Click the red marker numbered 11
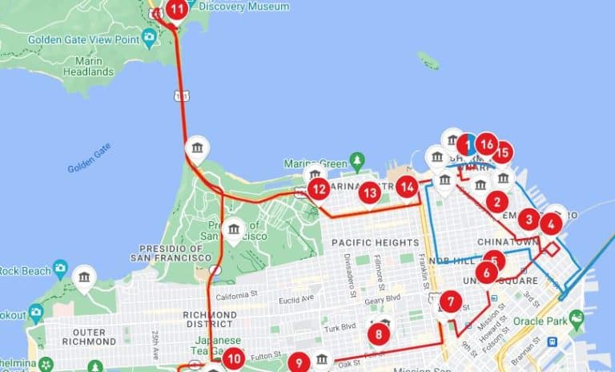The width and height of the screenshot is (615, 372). coord(176,10)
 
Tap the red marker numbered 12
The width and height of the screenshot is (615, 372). coord(320,189)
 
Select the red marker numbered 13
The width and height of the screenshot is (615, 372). coord(369,192)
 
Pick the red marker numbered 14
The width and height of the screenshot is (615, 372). coord(408,187)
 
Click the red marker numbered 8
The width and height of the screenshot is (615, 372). coord(379,332)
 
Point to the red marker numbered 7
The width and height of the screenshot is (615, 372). coord(451,303)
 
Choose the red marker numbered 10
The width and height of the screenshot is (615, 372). coord(233,358)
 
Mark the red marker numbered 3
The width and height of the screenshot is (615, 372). coord(528,219)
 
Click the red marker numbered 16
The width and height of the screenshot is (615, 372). coord(486,144)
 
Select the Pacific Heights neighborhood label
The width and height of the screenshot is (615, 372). coord(375,242)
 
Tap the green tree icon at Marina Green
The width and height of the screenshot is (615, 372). coord(357,160)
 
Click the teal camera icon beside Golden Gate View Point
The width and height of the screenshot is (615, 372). coord(149,37)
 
